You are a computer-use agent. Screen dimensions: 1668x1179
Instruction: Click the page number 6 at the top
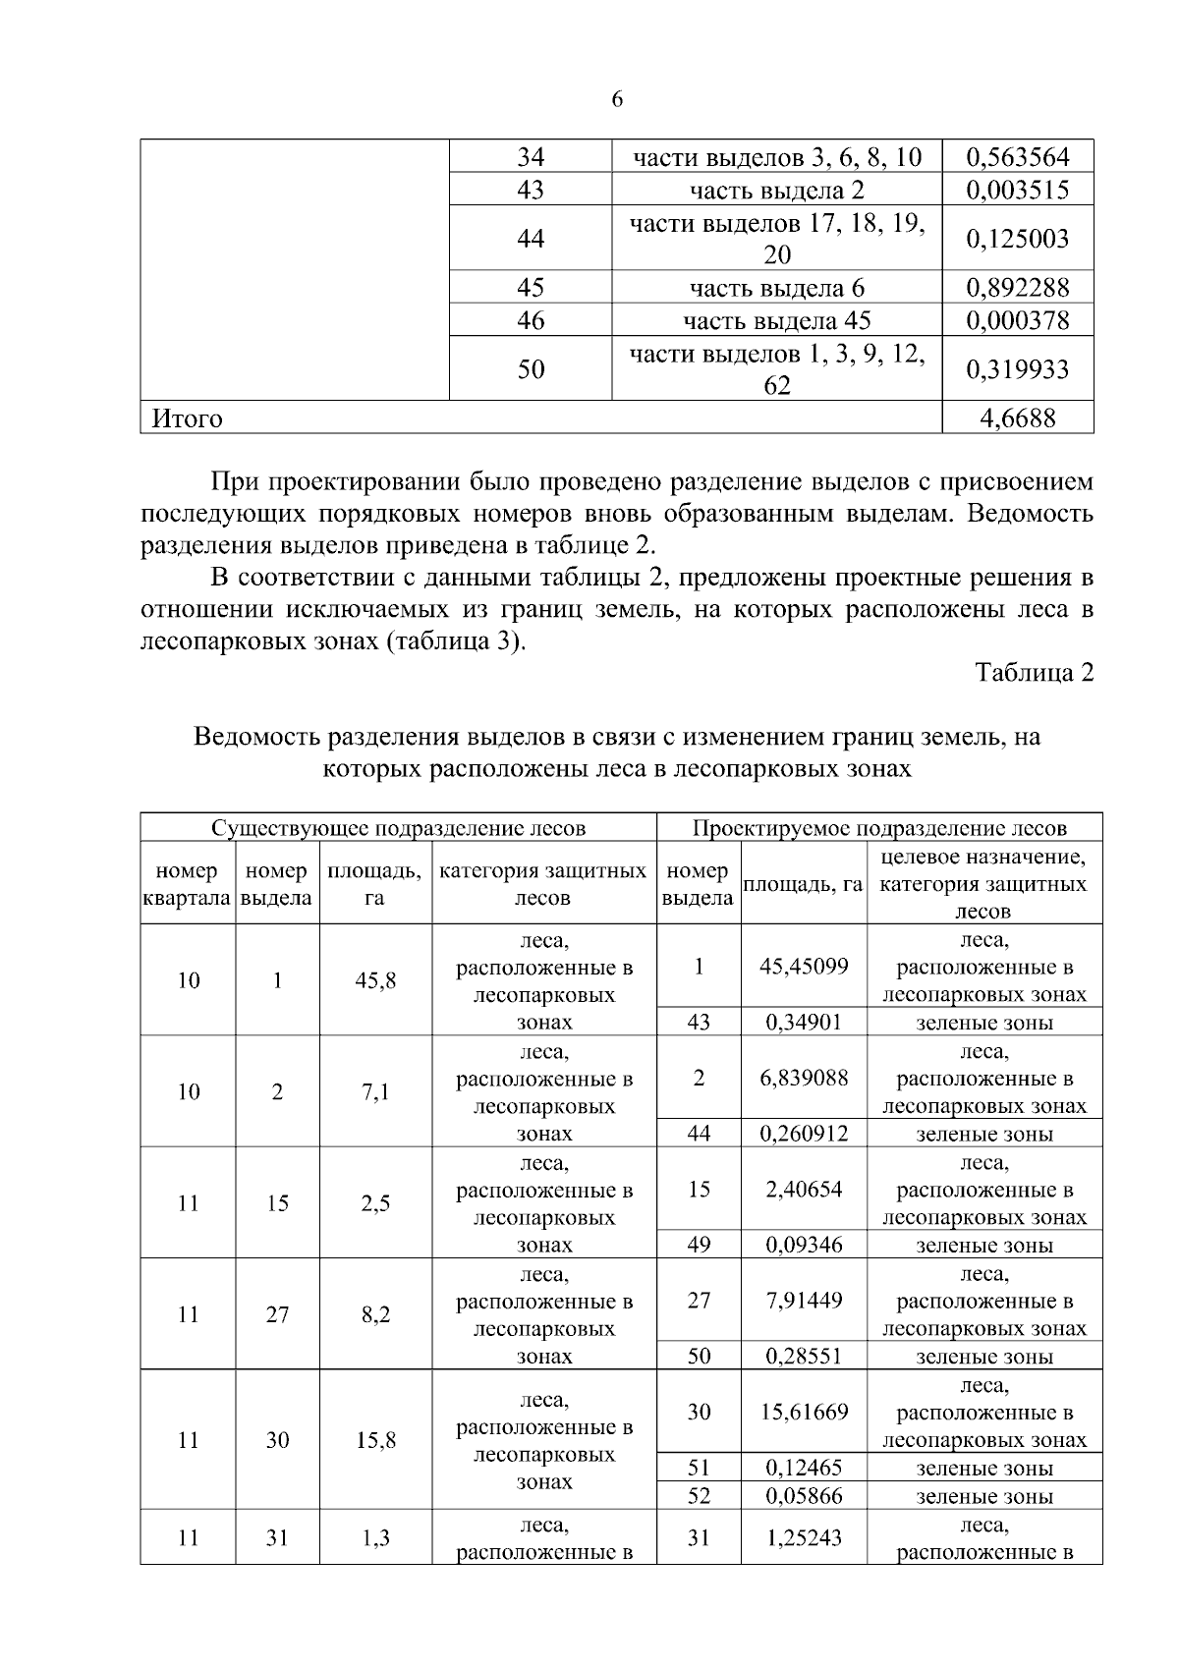(617, 99)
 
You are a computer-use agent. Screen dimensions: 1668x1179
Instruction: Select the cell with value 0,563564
(1017, 157)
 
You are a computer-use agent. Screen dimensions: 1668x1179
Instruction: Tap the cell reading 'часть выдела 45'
(776, 321)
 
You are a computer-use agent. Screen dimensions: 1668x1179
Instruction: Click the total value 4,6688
(1018, 418)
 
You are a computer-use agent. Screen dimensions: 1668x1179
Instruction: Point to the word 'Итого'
(187, 419)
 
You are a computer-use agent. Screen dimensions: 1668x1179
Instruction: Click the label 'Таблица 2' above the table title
(1034, 673)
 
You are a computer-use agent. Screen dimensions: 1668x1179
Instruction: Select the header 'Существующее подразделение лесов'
(398, 828)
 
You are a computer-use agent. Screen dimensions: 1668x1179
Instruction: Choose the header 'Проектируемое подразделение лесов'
(879, 828)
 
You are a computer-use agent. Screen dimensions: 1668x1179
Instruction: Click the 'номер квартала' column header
(187, 884)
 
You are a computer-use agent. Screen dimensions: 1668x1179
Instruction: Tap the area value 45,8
(375, 980)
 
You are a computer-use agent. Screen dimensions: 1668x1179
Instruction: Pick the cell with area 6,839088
(804, 1078)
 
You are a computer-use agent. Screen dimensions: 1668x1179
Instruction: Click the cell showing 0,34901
(804, 1023)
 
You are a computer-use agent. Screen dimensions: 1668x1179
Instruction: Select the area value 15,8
(375, 1440)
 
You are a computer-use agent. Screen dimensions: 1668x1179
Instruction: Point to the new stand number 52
(699, 1496)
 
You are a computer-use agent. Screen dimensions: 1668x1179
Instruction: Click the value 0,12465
(804, 1468)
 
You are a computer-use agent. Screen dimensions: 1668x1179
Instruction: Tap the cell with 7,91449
(804, 1301)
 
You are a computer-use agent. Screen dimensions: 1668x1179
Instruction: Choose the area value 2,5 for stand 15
(375, 1203)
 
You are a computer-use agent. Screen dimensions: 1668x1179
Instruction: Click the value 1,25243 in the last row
(804, 1538)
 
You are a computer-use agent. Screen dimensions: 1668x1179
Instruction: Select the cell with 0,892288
(1017, 288)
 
